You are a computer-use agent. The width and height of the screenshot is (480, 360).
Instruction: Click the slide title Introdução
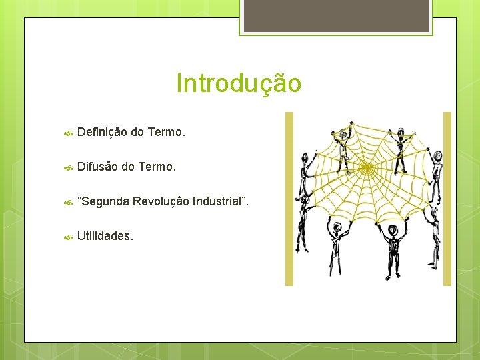coord(239,83)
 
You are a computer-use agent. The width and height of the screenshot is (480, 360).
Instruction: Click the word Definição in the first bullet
coord(102,132)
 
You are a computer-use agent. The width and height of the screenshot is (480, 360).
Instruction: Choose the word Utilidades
coord(105,236)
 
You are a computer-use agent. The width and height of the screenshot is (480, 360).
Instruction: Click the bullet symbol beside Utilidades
coord(67,237)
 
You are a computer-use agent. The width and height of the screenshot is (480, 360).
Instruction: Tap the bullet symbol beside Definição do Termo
coord(67,133)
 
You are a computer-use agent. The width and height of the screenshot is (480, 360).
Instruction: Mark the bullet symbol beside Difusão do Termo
coord(67,167)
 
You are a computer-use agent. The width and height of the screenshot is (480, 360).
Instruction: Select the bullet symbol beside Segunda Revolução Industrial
coord(67,202)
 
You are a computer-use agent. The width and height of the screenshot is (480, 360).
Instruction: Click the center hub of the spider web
coord(367,169)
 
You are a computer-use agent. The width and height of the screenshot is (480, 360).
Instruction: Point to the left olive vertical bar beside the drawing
coord(289,199)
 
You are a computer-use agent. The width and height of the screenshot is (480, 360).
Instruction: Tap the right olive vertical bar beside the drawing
coord(447,199)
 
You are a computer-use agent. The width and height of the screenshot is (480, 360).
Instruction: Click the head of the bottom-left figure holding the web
coord(337,227)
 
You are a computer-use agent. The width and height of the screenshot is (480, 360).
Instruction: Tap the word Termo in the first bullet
coord(165,132)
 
